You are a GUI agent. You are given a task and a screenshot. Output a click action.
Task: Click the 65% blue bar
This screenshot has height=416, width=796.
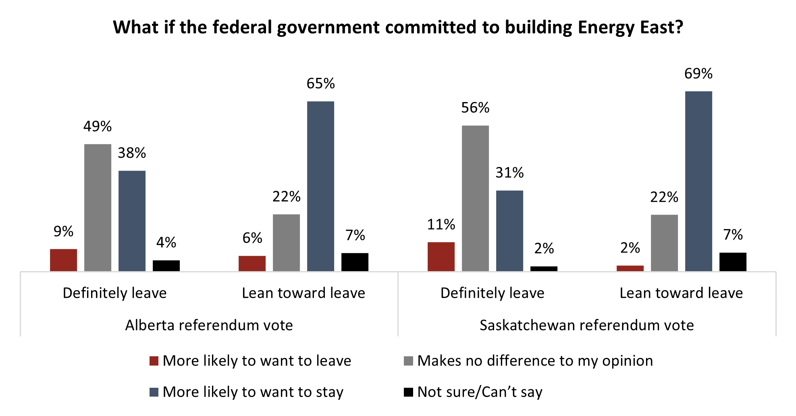click(x=320, y=186)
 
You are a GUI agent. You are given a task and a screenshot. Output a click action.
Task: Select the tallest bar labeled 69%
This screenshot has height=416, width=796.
click(x=698, y=181)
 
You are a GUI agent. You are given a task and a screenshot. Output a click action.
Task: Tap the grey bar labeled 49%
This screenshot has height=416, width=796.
click(x=98, y=207)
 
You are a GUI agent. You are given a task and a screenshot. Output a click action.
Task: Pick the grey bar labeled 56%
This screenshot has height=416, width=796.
click(x=475, y=198)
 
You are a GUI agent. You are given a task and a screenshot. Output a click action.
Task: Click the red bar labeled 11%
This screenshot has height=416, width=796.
click(x=441, y=257)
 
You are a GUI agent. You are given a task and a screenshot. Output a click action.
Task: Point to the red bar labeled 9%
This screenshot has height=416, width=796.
click(x=63, y=260)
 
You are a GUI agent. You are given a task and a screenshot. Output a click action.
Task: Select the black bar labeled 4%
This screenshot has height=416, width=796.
click(x=166, y=265)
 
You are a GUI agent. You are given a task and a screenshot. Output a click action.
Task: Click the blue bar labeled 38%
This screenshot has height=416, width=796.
click(x=132, y=221)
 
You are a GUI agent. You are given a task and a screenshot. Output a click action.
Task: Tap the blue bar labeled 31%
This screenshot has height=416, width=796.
click(x=509, y=230)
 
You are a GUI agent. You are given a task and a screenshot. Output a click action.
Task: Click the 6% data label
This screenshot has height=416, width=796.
click(x=252, y=238)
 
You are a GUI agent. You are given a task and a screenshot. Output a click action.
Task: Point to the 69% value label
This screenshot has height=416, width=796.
click(x=698, y=74)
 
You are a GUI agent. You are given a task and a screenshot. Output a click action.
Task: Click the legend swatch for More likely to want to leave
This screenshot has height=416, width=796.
click(x=154, y=361)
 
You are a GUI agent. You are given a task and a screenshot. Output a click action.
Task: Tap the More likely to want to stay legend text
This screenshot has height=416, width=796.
click(x=253, y=392)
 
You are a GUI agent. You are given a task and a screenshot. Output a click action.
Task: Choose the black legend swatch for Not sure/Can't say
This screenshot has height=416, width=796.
click(x=408, y=392)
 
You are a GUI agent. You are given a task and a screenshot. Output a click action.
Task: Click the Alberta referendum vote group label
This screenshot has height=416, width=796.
click(x=209, y=325)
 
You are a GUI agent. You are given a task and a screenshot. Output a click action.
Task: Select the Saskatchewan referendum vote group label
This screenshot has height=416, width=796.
click(x=586, y=325)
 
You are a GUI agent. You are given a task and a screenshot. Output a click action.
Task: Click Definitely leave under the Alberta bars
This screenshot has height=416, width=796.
click(x=114, y=293)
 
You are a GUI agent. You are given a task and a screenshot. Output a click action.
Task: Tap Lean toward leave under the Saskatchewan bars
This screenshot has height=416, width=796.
click(x=681, y=293)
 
